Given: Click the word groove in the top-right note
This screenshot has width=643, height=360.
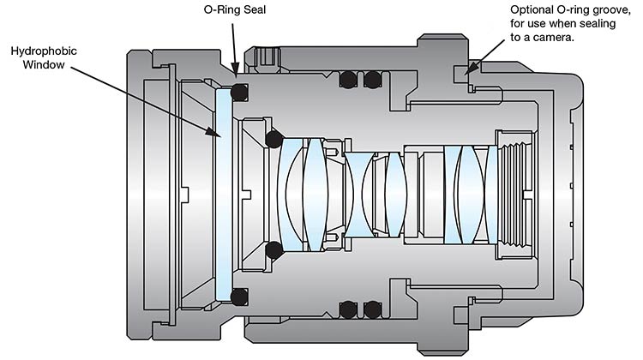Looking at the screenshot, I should (x=613, y=10).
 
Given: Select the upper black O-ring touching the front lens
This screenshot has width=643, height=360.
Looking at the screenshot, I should (x=273, y=138).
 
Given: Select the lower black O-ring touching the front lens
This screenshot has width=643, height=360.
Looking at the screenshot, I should (x=273, y=249).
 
